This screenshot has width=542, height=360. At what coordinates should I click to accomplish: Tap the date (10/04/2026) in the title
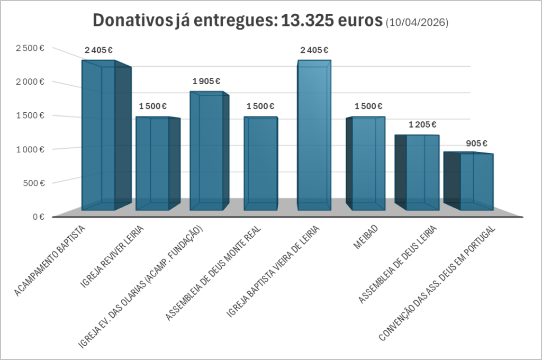417,22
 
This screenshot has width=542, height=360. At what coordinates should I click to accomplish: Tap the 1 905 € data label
206,81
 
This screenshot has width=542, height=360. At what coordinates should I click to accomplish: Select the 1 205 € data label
422,124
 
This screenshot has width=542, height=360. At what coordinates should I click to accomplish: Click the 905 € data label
476,143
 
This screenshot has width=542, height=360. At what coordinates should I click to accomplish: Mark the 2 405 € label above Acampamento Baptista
99,50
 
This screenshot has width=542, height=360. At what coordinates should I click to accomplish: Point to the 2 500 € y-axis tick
29,48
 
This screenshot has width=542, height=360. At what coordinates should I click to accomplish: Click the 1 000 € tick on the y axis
29,149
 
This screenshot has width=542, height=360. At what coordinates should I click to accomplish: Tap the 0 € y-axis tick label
37,217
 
